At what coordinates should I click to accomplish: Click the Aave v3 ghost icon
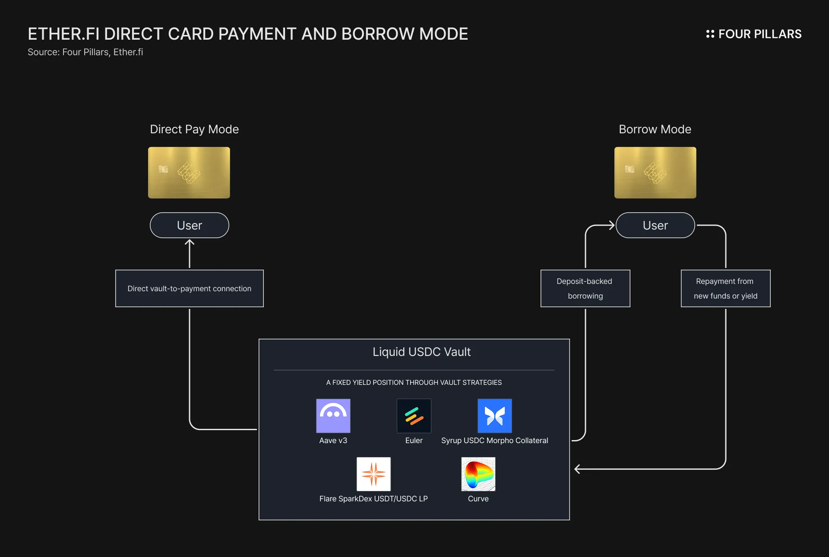[333, 415]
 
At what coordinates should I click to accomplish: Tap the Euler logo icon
[414, 415]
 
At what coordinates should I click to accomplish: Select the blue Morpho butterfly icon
[494, 415]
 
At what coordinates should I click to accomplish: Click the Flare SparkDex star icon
[373, 474]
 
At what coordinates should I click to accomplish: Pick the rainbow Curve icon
[478, 474]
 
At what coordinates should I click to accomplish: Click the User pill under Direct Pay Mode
[189, 225]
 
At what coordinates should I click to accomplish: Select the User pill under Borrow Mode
[655, 225]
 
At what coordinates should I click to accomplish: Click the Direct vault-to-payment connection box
[189, 288]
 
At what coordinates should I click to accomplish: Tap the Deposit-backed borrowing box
[585, 288]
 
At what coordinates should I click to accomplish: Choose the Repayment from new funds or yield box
[725, 288]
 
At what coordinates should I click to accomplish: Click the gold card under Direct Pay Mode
[189, 173]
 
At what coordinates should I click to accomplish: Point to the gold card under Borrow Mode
[655, 173]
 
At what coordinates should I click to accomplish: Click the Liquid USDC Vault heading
[421, 352]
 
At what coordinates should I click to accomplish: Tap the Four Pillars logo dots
[710, 34]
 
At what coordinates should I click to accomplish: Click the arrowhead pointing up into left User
[189, 243]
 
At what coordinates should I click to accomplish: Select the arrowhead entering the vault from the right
[577, 469]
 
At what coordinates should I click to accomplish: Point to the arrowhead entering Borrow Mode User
[612, 225]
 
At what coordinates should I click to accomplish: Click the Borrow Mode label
[655, 129]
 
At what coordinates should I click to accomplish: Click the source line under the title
[85, 52]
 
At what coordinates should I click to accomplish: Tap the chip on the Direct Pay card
[163, 169]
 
